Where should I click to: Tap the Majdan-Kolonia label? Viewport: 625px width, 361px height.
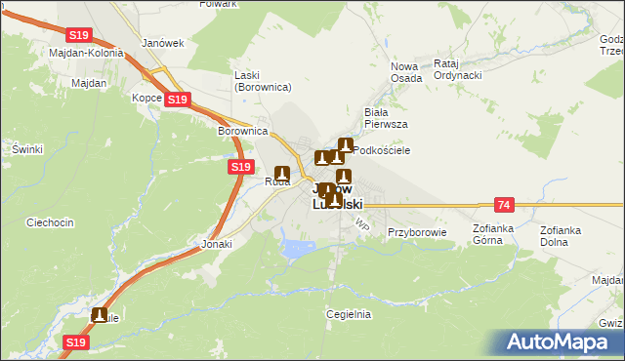pyautogui.click(x=86, y=53)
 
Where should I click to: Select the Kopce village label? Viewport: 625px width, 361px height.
pyautogui.click(x=146, y=99)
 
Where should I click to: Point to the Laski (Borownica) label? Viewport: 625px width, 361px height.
pyautogui.click(x=263, y=81)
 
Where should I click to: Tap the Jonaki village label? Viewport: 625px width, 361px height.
pyautogui.click(x=217, y=244)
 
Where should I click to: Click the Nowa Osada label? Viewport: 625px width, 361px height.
pyautogui.click(x=405, y=72)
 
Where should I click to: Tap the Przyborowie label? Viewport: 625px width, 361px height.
pyautogui.click(x=417, y=232)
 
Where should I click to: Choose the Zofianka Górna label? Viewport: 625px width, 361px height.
pyautogui.click(x=493, y=234)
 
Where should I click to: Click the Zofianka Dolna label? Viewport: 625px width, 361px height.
pyautogui.click(x=561, y=235)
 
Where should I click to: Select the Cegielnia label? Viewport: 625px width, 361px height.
pyautogui.click(x=349, y=314)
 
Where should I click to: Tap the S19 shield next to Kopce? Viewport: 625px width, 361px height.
pyautogui.click(x=177, y=100)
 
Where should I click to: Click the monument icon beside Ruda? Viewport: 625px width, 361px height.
pyautogui.click(x=281, y=174)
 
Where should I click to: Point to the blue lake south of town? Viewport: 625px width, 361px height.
pyautogui.click(x=296, y=248)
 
